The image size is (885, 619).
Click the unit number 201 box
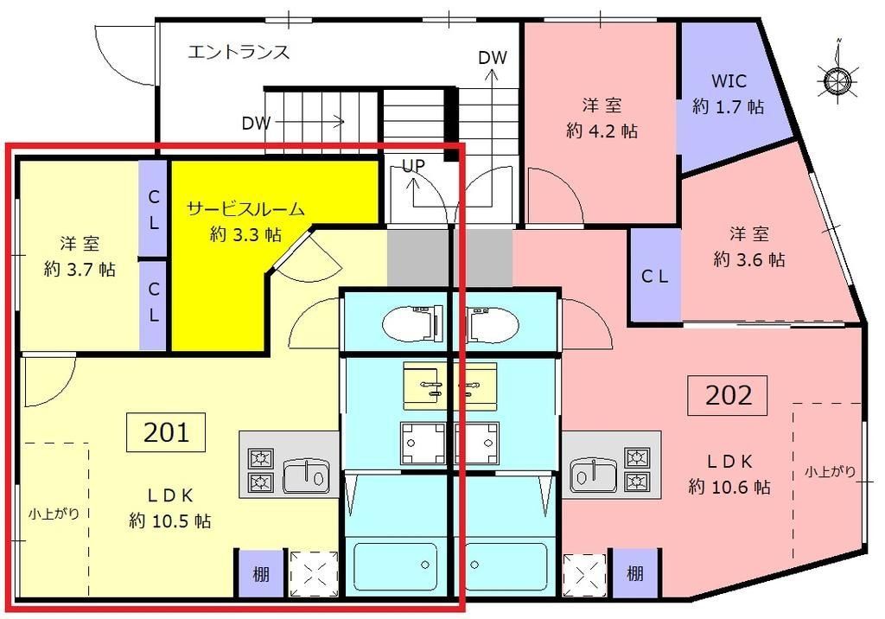click(x=166, y=431)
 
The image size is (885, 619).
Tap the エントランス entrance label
click(x=239, y=53)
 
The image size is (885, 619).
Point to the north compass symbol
click(x=836, y=79)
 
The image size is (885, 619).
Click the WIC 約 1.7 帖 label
click(x=728, y=94)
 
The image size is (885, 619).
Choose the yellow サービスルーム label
click(x=246, y=221)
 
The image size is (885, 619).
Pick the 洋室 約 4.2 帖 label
click(x=602, y=118)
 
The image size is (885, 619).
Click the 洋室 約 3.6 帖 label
click(x=749, y=246)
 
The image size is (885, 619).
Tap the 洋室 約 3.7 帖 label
click(x=80, y=256)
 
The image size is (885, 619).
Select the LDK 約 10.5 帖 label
click(x=170, y=508)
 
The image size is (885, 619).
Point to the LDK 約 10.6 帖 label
click(x=729, y=474)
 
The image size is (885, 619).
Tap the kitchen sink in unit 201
click(x=307, y=474)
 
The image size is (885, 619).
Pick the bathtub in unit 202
click(x=506, y=565)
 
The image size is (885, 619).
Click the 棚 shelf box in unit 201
click(x=259, y=573)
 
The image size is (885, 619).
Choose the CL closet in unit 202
click(x=653, y=277)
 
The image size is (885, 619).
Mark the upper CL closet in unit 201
click(x=153, y=210)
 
